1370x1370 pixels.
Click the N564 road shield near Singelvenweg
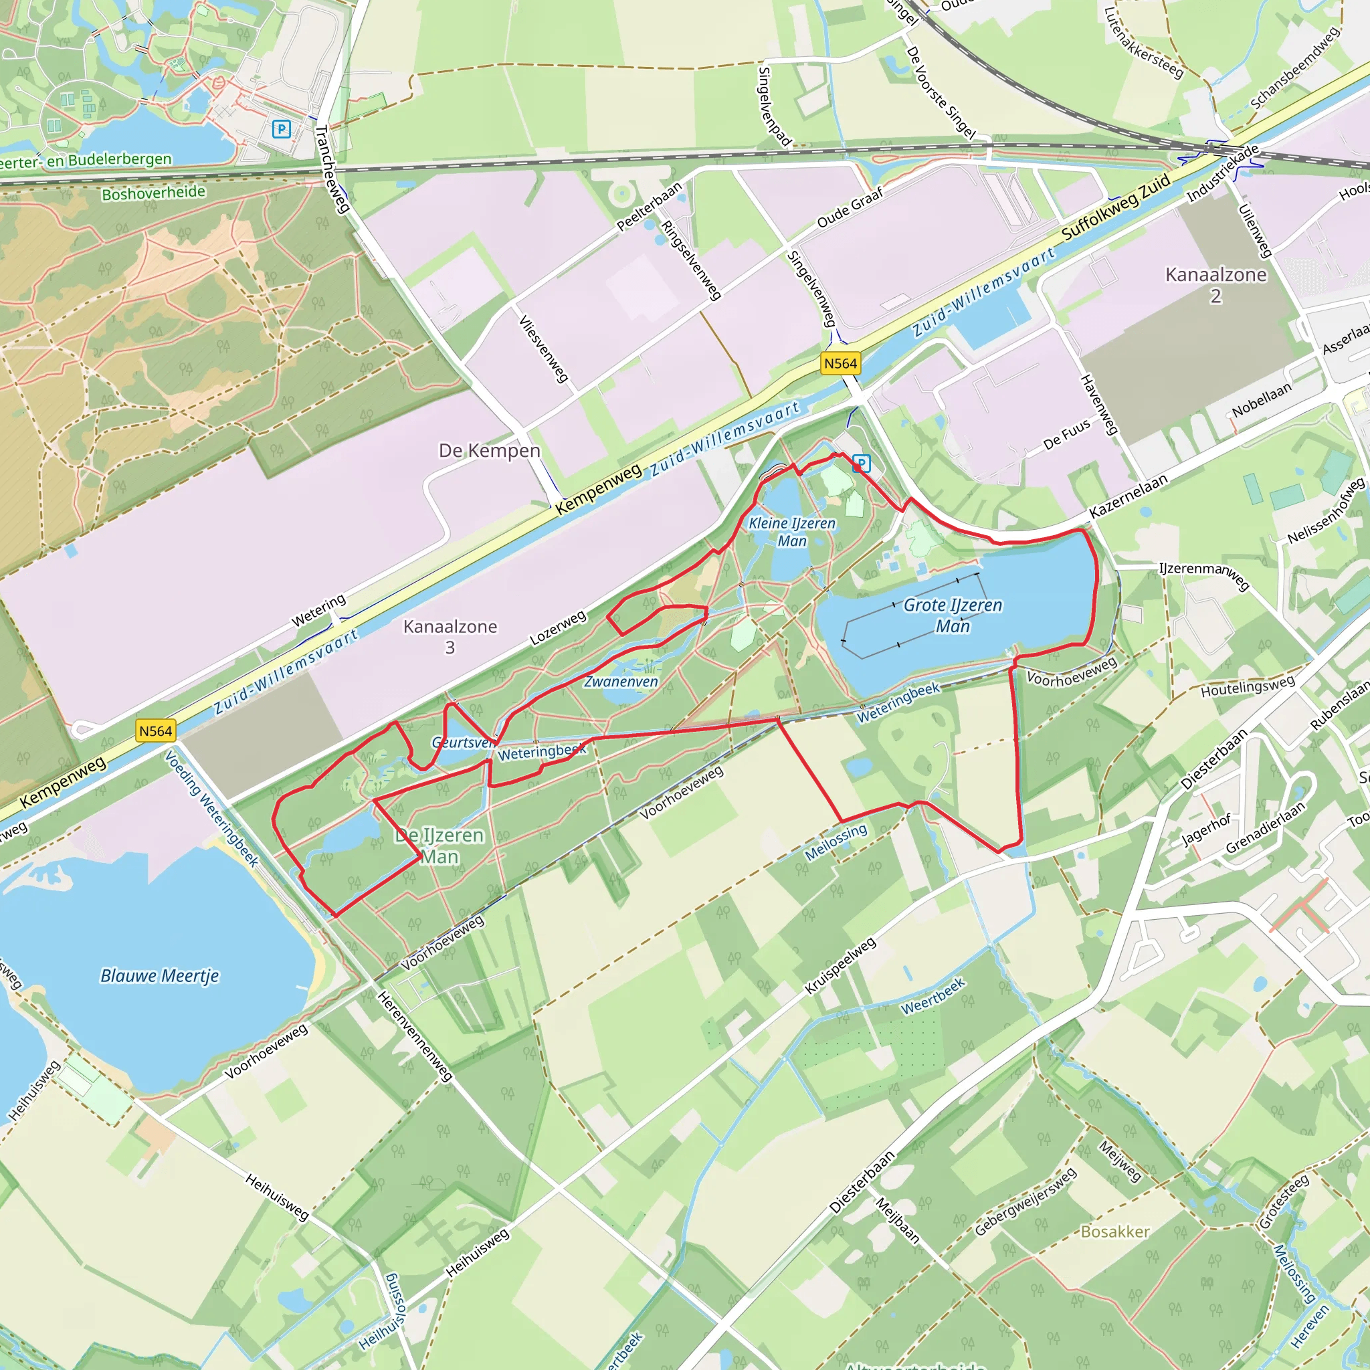[840, 364]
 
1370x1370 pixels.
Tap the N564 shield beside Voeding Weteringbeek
[155, 731]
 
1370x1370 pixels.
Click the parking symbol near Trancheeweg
[282, 129]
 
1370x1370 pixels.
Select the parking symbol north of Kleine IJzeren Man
[861, 464]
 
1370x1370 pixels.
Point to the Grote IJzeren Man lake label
[953, 615]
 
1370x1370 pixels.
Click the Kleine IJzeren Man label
[792, 532]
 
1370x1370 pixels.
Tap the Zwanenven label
[621, 682]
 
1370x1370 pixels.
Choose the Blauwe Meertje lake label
[160, 976]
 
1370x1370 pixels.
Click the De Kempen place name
[489, 451]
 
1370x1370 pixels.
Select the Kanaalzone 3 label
[450, 636]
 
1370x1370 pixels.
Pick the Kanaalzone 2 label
[1215, 284]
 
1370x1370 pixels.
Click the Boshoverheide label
[153, 193]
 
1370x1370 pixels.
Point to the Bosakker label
[1114, 1232]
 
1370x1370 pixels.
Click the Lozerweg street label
[558, 628]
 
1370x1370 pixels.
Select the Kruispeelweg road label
[840, 966]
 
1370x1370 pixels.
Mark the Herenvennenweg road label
[415, 1036]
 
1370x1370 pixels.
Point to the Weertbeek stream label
[933, 996]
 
